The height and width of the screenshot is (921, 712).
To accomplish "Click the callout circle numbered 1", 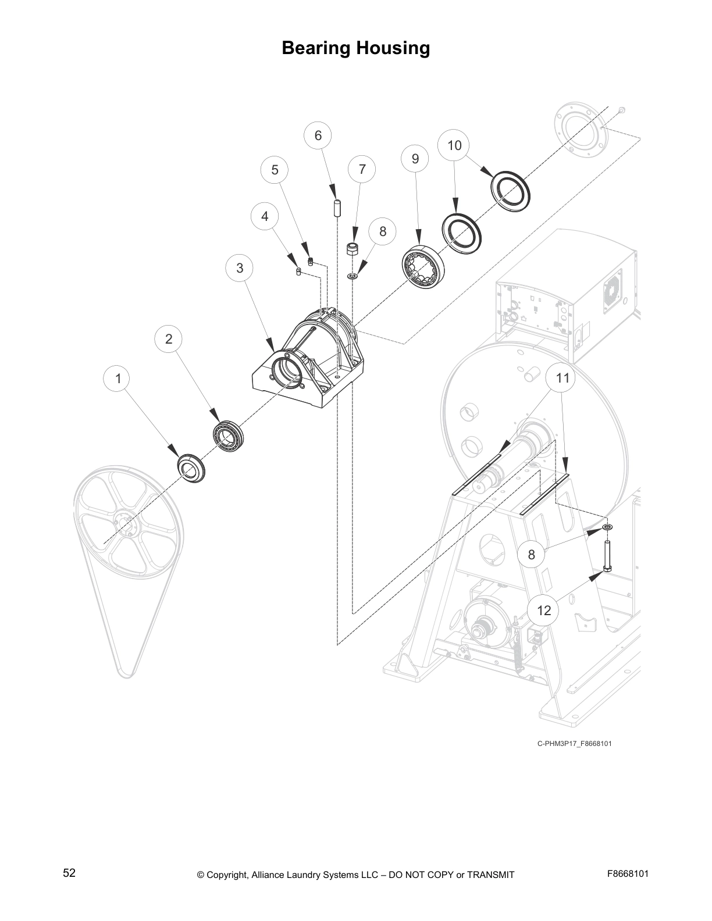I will [118, 379].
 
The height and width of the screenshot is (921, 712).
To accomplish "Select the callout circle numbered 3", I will [240, 268].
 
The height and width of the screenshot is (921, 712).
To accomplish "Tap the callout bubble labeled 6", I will [318, 135].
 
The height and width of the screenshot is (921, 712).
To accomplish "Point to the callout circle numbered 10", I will [454, 145].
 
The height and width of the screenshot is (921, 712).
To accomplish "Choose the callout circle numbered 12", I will [543, 611].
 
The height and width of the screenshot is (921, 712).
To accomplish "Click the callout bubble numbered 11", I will [562, 378].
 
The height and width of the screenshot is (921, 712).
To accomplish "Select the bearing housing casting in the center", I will [308, 363].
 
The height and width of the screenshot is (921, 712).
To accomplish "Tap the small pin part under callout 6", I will [336, 208].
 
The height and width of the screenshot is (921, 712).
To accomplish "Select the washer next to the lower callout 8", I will [607, 527].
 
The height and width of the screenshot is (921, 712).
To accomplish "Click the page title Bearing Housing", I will [355, 48].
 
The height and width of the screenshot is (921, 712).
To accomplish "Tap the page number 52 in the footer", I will [69, 873].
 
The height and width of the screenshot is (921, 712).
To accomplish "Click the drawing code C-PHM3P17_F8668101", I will [574, 743].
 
